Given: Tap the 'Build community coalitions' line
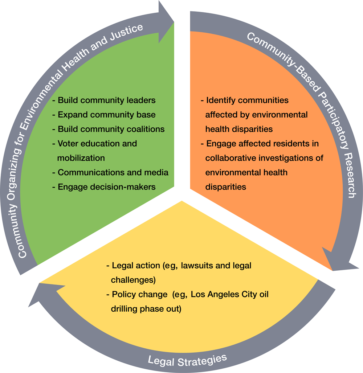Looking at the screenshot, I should pyautogui.click(x=111, y=129).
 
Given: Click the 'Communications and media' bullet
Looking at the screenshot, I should pyautogui.click(x=113, y=172).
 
